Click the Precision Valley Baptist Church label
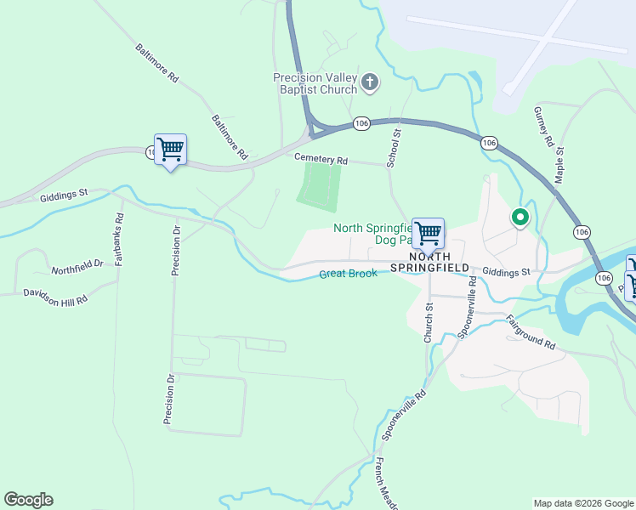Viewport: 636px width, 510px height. coord(315,83)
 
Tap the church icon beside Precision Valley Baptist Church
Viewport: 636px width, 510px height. coord(370,82)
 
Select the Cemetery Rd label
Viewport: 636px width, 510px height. coord(321,160)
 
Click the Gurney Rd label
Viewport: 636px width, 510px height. coord(543,127)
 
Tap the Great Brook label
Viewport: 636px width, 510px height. coord(348,274)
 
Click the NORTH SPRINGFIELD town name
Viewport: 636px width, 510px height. coord(429,262)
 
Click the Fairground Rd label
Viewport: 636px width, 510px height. coord(530,333)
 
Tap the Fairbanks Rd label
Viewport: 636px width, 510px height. coord(119,239)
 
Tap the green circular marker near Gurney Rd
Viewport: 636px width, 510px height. coord(520,218)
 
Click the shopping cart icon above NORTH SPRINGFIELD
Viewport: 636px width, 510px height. coord(428,231)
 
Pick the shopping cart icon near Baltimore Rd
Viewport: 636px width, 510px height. coord(170,150)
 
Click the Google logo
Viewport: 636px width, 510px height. coord(28,500)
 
